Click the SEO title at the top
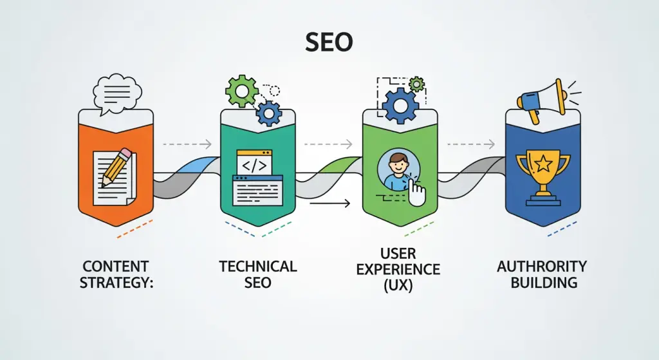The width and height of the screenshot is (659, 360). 329,43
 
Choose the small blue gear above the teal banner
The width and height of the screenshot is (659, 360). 268,114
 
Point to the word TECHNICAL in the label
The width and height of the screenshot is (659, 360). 257,266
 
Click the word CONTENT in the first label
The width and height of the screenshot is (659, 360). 116,266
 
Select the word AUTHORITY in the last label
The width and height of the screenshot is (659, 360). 541,266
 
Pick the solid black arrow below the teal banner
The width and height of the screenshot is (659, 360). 329,204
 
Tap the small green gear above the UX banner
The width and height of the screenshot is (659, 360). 417,84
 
